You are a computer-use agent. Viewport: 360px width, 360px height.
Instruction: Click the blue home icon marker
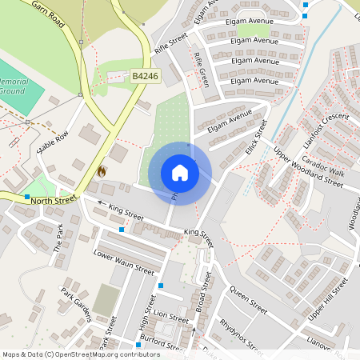[180, 173]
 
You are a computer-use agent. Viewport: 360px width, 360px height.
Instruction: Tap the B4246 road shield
[145, 76]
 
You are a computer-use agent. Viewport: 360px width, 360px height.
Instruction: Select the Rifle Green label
[200, 70]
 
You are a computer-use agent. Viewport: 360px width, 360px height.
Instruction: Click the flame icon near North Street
[102, 170]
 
